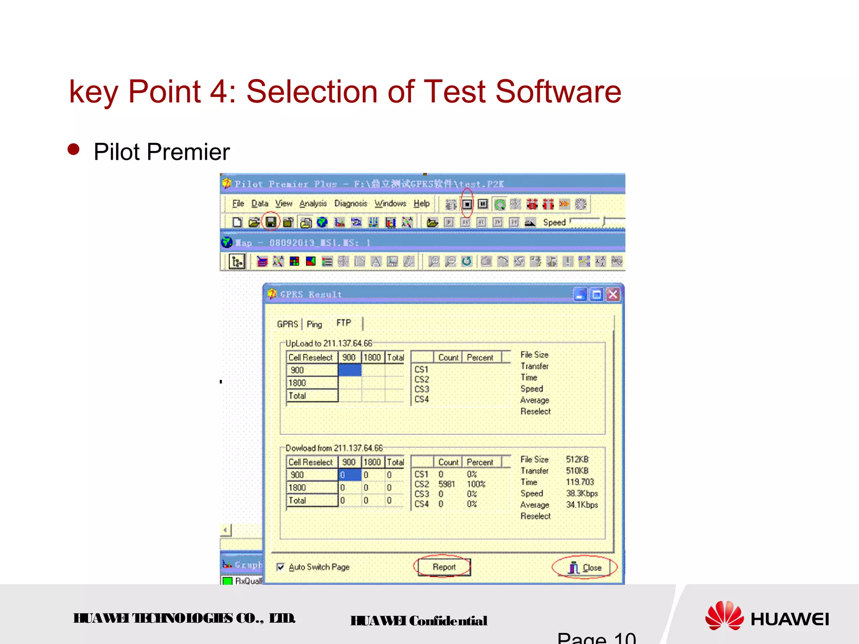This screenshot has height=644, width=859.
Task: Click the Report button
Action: pyautogui.click(x=444, y=567)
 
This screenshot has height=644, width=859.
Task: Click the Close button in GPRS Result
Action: pyautogui.click(x=585, y=568)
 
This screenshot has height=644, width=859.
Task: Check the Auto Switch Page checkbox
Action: pyautogui.click(x=281, y=567)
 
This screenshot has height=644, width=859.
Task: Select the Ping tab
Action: pyautogui.click(x=314, y=324)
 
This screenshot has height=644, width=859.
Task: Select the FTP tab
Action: pyautogui.click(x=344, y=323)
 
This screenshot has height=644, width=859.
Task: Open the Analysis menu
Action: pyautogui.click(x=313, y=204)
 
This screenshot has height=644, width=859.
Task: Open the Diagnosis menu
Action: pyautogui.click(x=350, y=204)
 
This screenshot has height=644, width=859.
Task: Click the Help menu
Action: pyautogui.click(x=421, y=204)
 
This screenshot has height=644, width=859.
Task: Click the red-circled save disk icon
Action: pyautogui.click(x=271, y=222)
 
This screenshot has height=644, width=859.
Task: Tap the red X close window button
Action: pyautogui.click(x=613, y=295)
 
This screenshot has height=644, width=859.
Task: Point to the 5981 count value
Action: pyautogui.click(x=446, y=484)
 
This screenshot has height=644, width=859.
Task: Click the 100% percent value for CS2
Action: pyautogui.click(x=476, y=484)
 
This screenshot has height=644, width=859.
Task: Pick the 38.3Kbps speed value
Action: pyautogui.click(x=582, y=493)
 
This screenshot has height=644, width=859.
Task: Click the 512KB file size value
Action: pyautogui.click(x=577, y=460)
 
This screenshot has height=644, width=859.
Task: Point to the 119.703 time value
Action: pyautogui.click(x=580, y=482)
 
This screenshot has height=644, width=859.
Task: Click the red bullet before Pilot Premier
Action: pyautogui.click(x=73, y=150)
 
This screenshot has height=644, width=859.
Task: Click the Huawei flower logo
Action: pyautogui.click(x=724, y=615)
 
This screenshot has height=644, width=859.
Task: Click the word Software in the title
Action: pyautogui.click(x=558, y=92)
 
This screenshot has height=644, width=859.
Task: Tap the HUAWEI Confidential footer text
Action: pyautogui.click(x=419, y=621)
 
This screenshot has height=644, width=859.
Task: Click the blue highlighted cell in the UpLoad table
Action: pyautogui.click(x=349, y=370)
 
